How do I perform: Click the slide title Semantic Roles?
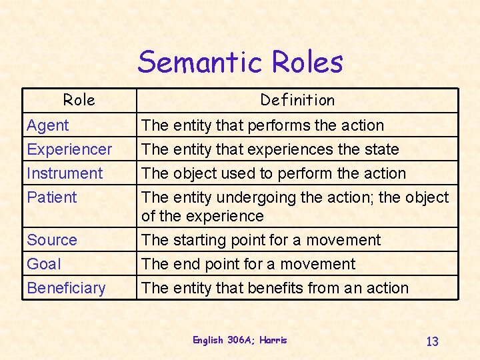tap(240, 63)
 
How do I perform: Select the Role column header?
tap(79, 100)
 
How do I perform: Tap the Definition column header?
tap(297, 100)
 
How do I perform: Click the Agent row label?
tap(48, 125)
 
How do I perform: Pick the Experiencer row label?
tap(69, 149)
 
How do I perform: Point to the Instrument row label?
tap(65, 173)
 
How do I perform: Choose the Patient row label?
tap(52, 197)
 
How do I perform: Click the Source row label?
tap(52, 240)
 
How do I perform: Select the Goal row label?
tap(44, 264)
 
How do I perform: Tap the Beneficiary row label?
tap(66, 288)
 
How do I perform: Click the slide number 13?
tap(432, 341)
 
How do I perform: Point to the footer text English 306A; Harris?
tap(240, 340)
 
